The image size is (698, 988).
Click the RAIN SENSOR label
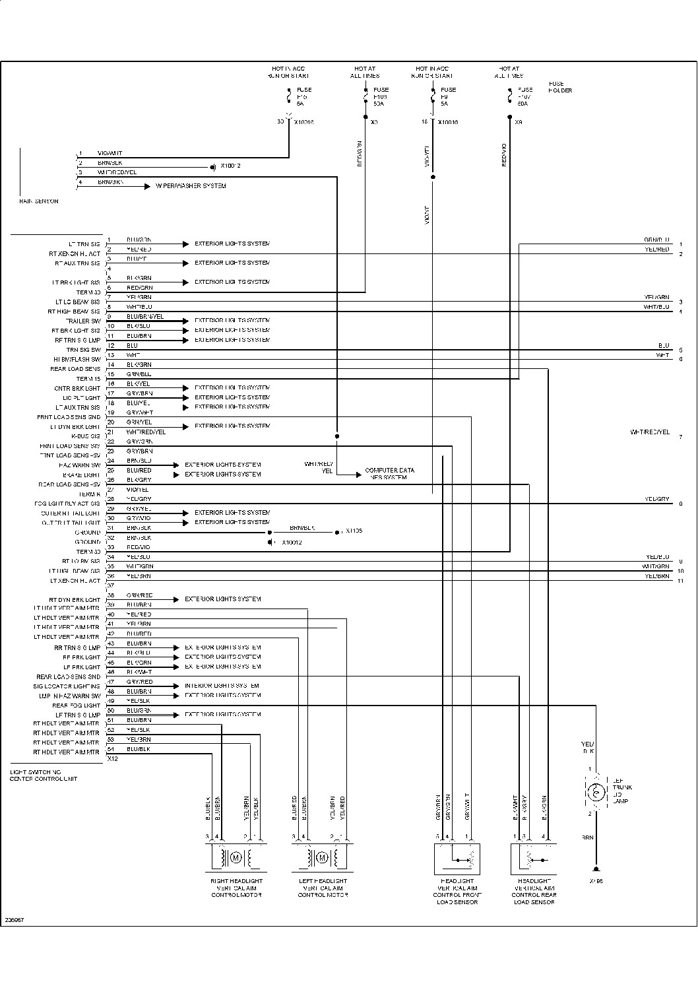[x=39, y=201]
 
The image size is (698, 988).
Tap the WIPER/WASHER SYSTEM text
[x=191, y=186]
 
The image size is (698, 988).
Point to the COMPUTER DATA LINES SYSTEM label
[x=390, y=473]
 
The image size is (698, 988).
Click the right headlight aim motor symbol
[x=236, y=858]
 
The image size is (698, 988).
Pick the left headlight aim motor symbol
[x=321, y=858]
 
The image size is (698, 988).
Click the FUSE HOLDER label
[x=560, y=87]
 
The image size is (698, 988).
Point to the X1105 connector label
[x=354, y=531]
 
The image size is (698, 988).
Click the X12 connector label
[x=112, y=759]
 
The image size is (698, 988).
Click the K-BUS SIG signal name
[x=86, y=436]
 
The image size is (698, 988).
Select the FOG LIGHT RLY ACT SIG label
[x=67, y=504]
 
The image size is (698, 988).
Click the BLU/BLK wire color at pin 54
[x=139, y=749]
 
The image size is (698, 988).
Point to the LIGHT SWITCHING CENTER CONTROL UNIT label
[x=43, y=775]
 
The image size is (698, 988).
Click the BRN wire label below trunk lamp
[x=587, y=838]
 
